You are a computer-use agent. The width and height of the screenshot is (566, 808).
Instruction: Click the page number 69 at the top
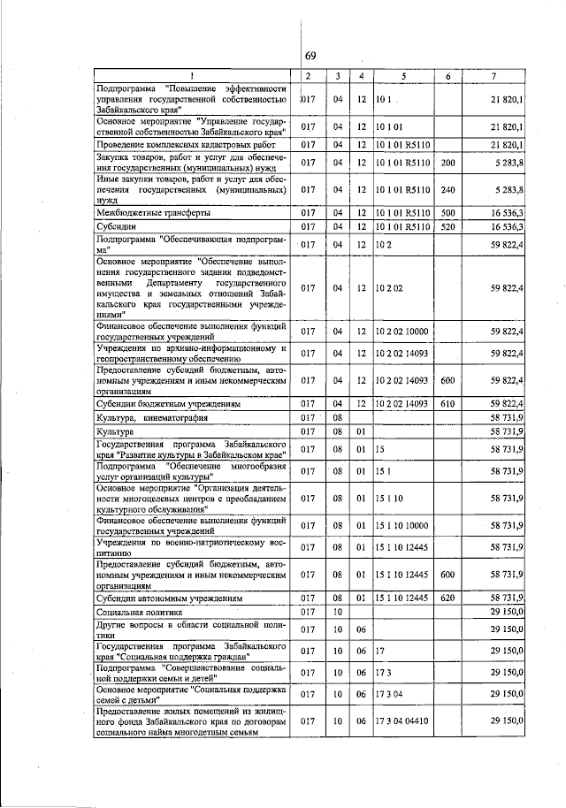click(x=310, y=56)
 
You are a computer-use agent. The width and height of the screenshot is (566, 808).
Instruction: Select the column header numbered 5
click(x=402, y=77)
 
